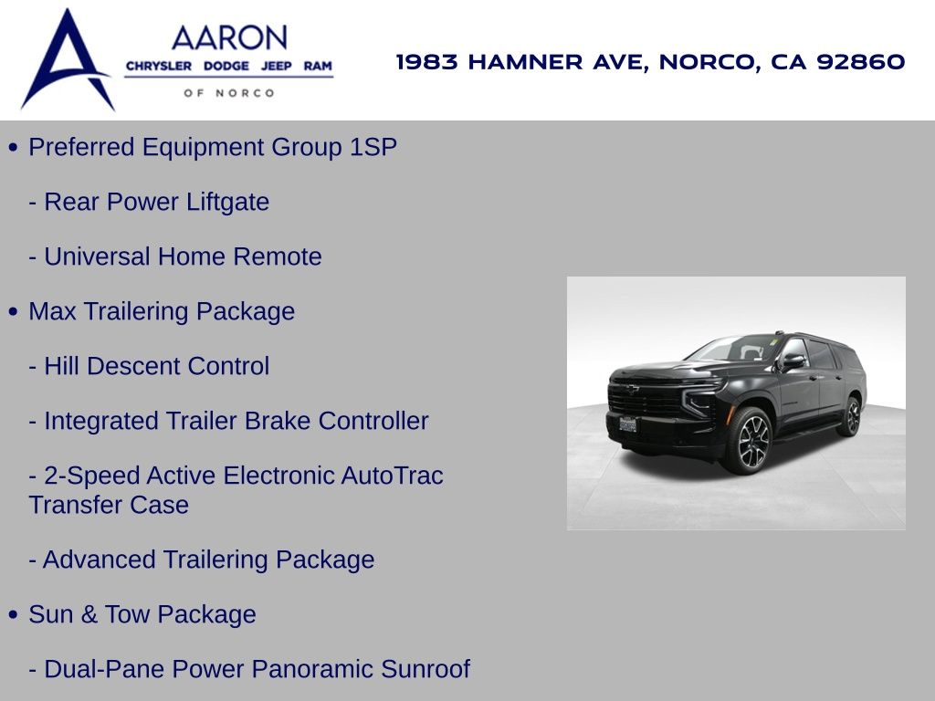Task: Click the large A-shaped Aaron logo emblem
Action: (x=67, y=59)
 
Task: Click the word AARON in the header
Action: (x=229, y=38)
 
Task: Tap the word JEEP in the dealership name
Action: (x=276, y=66)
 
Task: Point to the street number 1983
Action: (x=427, y=61)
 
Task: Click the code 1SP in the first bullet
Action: (x=373, y=147)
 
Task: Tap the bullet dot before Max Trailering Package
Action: (x=14, y=312)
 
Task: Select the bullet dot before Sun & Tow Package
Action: (x=14, y=614)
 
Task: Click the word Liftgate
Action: (x=227, y=202)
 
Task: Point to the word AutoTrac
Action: (x=392, y=476)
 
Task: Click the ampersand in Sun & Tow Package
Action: (x=89, y=614)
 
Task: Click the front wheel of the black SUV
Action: (x=748, y=441)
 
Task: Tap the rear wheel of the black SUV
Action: (x=850, y=416)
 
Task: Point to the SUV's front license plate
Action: (x=627, y=424)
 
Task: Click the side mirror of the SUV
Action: (x=793, y=361)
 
